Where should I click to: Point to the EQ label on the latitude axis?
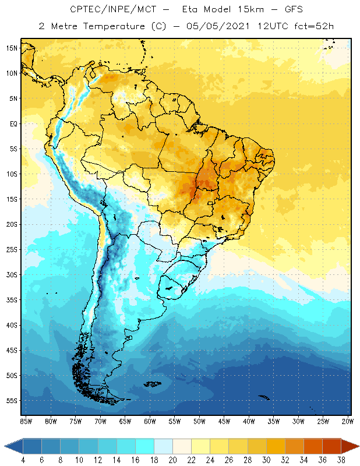pyautogui.click(x=13, y=123)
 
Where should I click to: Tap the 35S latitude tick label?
pyautogui.click(x=13, y=300)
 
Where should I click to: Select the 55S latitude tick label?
pyautogui.click(x=13, y=401)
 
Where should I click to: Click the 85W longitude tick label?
pyautogui.click(x=26, y=421)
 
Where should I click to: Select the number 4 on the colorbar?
pyautogui.click(x=23, y=460)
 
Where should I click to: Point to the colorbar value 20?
pyautogui.click(x=173, y=460)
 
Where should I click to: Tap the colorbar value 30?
pyautogui.click(x=266, y=460)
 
